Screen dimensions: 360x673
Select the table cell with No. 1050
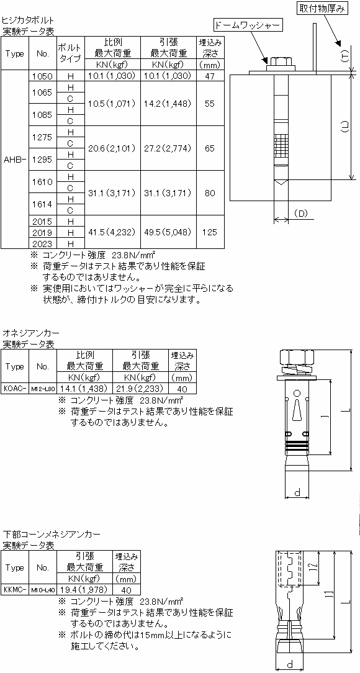(43, 76)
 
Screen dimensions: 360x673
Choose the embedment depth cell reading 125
(210, 232)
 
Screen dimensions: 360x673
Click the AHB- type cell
(15, 159)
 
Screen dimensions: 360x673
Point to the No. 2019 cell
(43, 232)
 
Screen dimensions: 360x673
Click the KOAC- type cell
(15, 389)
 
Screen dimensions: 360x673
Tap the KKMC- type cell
(15, 590)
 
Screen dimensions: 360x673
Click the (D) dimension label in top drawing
(301, 213)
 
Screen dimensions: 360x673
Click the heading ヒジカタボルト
(29, 20)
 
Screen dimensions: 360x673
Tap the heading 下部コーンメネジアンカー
(52, 535)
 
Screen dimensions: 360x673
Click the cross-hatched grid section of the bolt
(281, 145)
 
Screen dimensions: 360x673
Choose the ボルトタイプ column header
(71, 53)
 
